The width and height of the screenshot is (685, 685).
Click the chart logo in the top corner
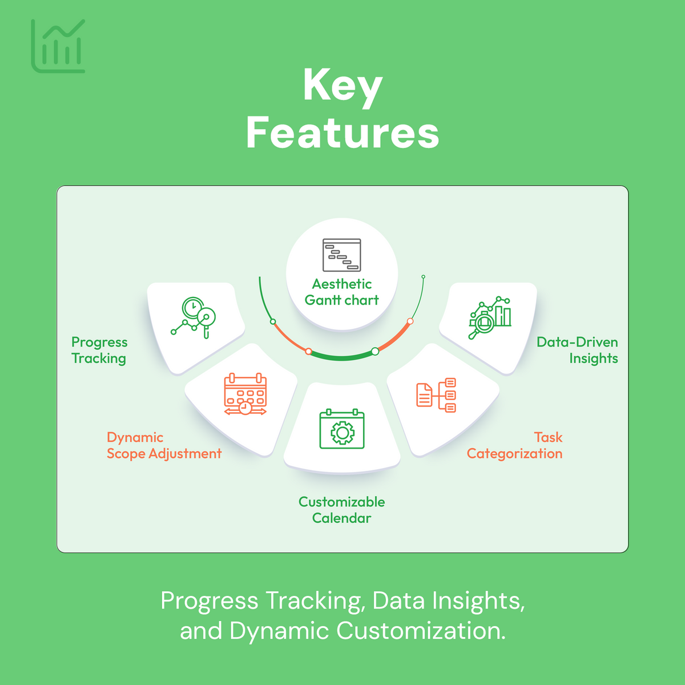pyautogui.click(x=58, y=46)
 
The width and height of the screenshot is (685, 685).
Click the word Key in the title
pyautogui.click(x=342, y=86)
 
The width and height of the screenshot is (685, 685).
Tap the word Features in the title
pyautogui.click(x=342, y=132)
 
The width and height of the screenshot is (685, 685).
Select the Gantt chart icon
pyautogui.click(x=342, y=255)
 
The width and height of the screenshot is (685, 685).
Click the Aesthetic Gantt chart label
pyautogui.click(x=342, y=292)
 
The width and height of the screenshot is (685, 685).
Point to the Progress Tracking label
pyautogui.click(x=99, y=350)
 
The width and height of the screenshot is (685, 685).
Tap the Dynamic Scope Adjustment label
pyautogui.click(x=164, y=445)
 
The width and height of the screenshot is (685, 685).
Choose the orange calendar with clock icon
pyautogui.click(x=245, y=394)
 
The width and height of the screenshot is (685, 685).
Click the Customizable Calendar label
pyautogui.click(x=341, y=510)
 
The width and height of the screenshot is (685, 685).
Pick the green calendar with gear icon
pyautogui.click(x=342, y=429)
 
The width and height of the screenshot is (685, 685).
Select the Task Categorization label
pyautogui.click(x=515, y=445)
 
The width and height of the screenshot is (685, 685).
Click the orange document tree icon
pyautogui.click(x=436, y=394)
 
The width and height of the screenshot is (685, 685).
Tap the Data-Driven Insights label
pyautogui.click(x=578, y=350)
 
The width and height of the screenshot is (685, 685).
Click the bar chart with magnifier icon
pyautogui.click(x=490, y=317)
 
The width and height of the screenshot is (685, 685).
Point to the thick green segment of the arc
pyautogui.click(x=342, y=357)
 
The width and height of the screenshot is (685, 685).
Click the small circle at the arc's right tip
pyautogui.click(x=424, y=277)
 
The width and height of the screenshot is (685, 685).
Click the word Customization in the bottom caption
pyautogui.click(x=420, y=631)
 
